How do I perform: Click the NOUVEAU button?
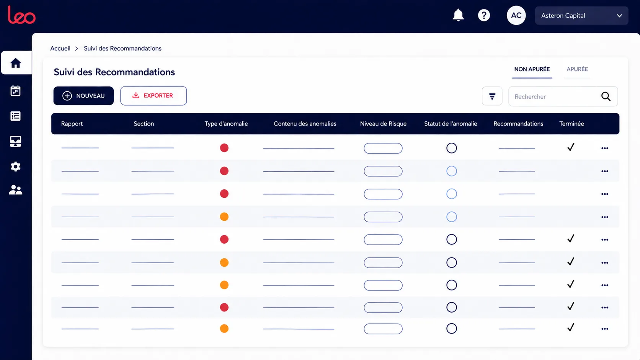coord(83,96)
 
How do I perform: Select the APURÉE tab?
coord(577,69)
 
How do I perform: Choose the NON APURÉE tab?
coord(532,69)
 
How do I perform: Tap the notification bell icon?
coord(458,15)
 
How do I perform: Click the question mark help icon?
coord(484,15)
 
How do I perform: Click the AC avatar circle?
coord(516,15)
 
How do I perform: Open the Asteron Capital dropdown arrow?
coord(619,16)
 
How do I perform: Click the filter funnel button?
coord(492,96)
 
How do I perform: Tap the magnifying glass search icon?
coord(606,96)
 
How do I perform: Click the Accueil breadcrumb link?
coord(60,49)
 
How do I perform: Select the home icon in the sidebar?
coord(16,63)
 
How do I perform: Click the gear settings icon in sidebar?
coord(16,166)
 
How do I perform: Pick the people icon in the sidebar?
coord(16,190)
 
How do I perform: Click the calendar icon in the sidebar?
coord(15,91)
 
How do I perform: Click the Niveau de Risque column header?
coord(383,124)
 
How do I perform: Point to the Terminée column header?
coord(571,124)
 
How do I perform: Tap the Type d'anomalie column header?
coord(226,124)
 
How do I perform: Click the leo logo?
coord(22,15)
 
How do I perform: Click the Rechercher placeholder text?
coord(530,97)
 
